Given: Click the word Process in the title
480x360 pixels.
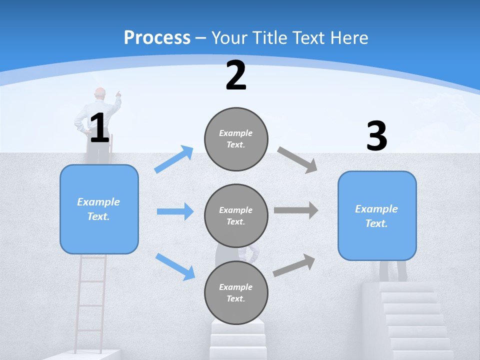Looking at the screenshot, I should pos(157,37).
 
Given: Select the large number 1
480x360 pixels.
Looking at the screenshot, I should pos(99,128).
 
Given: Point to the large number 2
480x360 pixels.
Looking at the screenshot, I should pos(236,75).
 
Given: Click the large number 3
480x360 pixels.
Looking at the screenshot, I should pos(376,136).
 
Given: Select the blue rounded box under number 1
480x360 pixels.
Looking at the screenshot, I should pos(99,209).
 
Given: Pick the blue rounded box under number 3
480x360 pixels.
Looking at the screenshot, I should pos(377,215).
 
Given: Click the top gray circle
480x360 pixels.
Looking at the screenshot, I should pos(236,139).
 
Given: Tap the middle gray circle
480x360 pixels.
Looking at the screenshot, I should pos(236,215).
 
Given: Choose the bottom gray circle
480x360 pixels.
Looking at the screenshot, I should pos(236,292).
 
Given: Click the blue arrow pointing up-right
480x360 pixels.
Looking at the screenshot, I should pos(174,159).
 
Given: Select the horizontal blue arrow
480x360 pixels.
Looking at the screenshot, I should pos(175,211).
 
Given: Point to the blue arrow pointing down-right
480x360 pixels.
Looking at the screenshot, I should pos(175,266).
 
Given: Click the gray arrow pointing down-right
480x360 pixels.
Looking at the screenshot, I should pos(297,159).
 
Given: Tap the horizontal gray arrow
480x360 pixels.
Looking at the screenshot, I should pos(296,210).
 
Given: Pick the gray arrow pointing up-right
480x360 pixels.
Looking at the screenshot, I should pos(294,265).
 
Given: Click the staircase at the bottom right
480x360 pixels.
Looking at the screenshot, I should pos(415,320).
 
